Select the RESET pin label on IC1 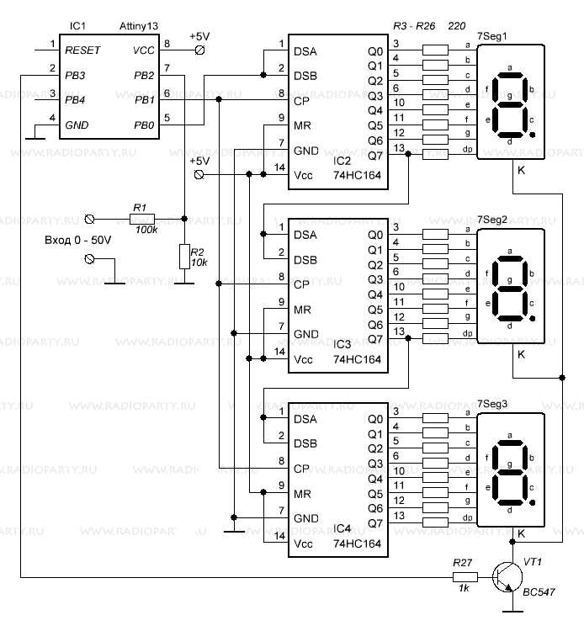coord(82,50)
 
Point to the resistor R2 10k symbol coord(184,257)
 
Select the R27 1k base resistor coord(465,578)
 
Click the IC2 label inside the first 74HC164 coord(341,159)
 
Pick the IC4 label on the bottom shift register coord(341,528)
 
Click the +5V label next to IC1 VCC coord(200,36)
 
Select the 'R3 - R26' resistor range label coord(414,28)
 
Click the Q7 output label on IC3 coord(375,339)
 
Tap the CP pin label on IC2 coord(302,101)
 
